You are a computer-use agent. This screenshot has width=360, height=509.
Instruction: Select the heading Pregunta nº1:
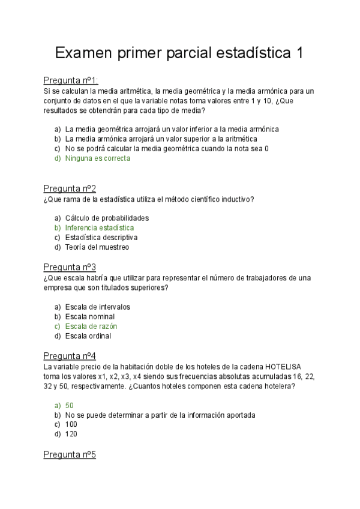(71, 80)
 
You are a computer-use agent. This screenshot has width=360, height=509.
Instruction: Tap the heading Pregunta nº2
(70, 188)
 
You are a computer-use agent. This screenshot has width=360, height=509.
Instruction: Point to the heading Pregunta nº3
(70, 267)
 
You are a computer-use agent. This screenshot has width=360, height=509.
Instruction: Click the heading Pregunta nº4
(70, 356)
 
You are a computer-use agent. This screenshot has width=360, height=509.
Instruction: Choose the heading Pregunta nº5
(70, 454)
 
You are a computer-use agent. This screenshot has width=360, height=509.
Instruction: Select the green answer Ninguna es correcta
(97, 158)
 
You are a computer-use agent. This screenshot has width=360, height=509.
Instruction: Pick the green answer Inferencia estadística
(100, 227)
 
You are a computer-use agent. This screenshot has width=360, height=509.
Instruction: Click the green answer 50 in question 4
(70, 405)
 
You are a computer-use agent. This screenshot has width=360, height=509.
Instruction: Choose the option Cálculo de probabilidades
(107, 218)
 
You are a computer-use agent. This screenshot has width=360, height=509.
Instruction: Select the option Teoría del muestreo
(97, 247)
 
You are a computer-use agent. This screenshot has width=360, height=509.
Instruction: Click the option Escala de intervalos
(97, 307)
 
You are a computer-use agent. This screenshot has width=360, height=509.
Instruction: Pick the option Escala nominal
(90, 316)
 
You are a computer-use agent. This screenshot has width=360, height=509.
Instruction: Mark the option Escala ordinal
(88, 336)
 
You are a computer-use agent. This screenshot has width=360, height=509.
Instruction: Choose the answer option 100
(71, 424)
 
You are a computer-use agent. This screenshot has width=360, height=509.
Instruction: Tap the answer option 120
(71, 434)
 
